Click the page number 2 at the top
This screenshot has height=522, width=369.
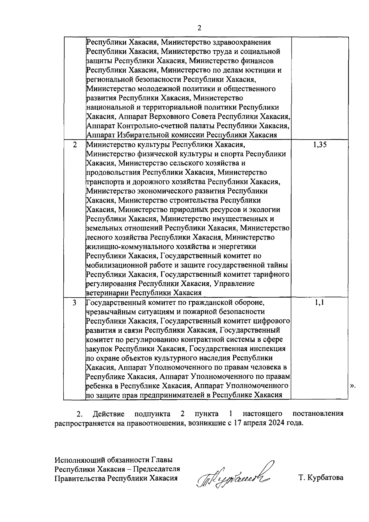[x=199, y=28]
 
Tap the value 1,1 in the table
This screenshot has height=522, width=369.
[x=319, y=303]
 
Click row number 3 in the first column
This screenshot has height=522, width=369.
[x=75, y=303]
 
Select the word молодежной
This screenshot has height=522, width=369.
[x=154, y=89]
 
